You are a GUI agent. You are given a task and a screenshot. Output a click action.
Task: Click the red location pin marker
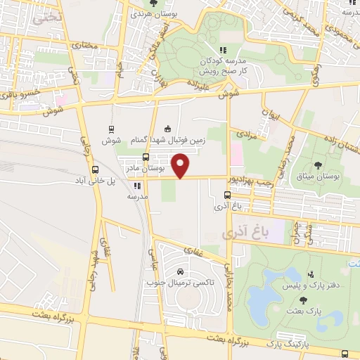pyautogui.click(x=181, y=166)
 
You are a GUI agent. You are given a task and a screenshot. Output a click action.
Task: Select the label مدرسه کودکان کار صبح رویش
pyautogui.click(x=222, y=66)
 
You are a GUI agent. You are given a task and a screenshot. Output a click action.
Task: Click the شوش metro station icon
pyautogui.click(x=111, y=129)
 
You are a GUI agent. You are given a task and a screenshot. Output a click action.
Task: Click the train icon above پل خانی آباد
pyautogui.click(x=95, y=169)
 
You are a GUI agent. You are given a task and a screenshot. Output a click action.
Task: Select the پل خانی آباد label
pyautogui.click(x=94, y=181)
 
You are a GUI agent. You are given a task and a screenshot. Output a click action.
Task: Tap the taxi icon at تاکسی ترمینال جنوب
pyautogui.click(x=181, y=271)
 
